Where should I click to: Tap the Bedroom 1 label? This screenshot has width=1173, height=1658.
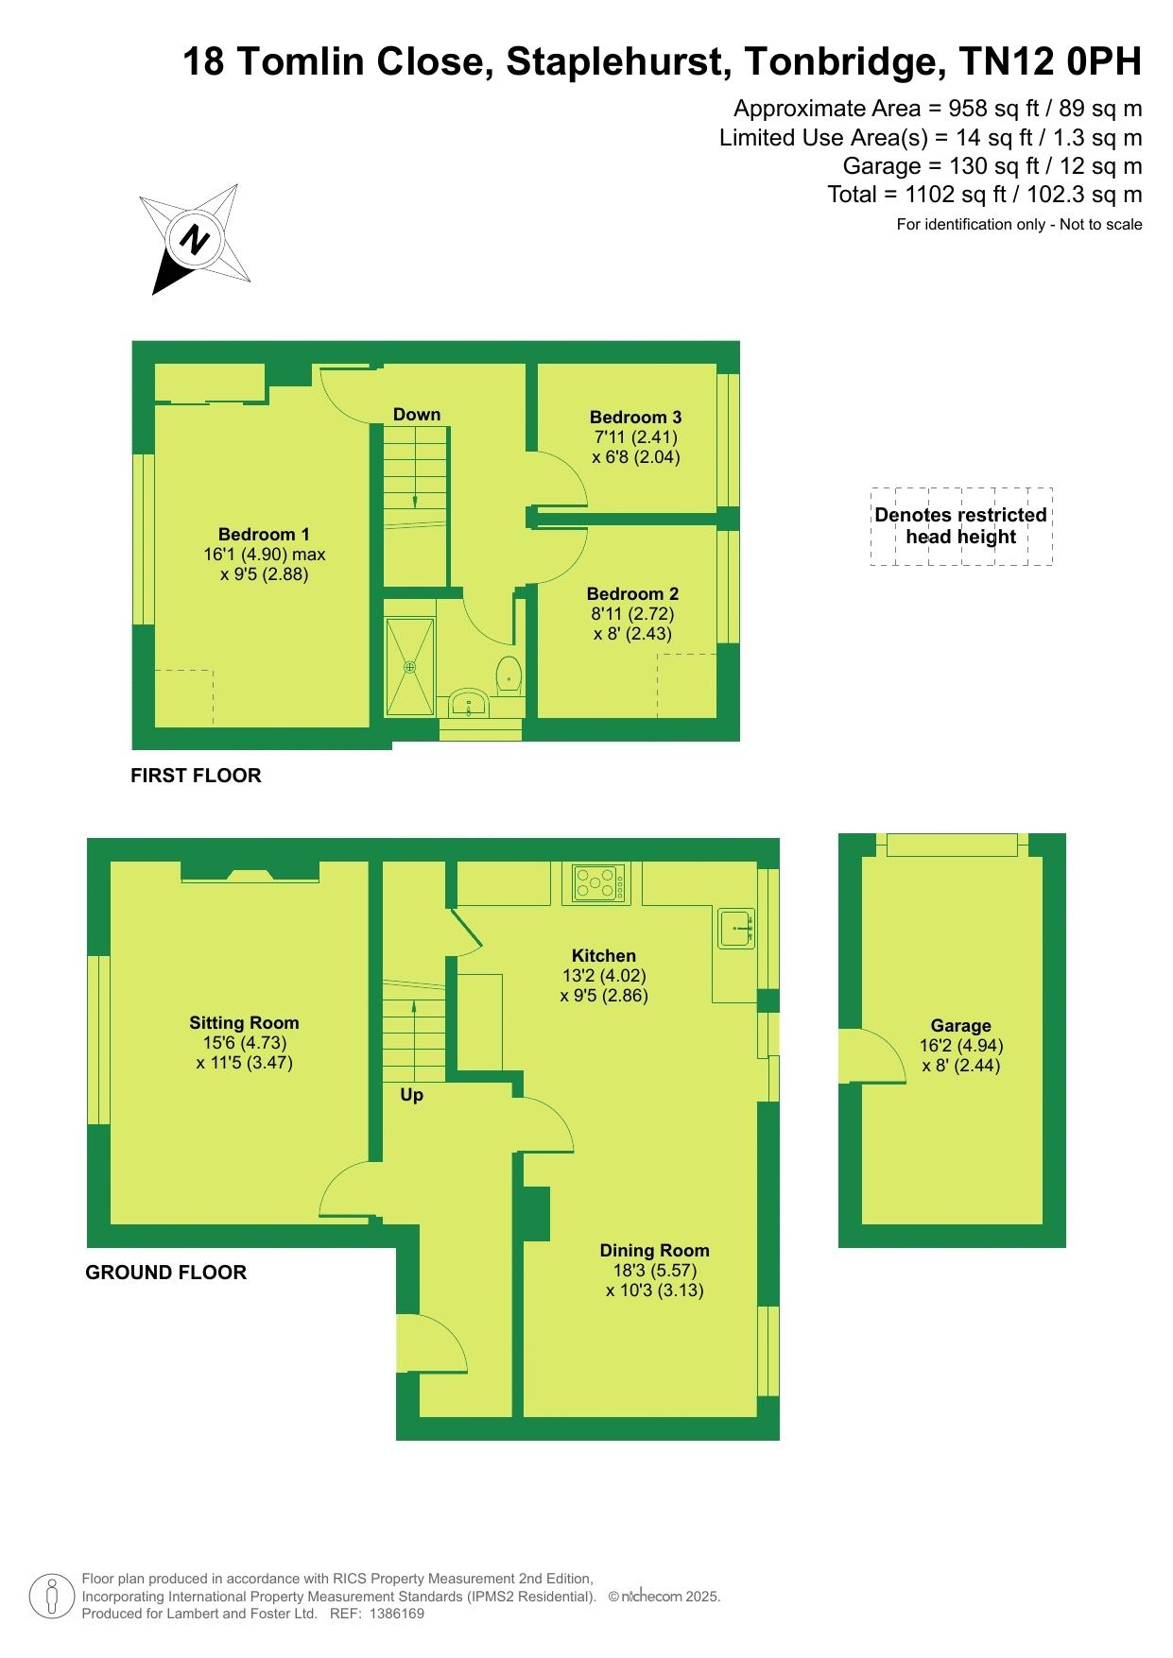pos(264,535)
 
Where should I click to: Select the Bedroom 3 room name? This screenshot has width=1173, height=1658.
pos(635,417)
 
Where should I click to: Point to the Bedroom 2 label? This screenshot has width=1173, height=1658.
pos(632,594)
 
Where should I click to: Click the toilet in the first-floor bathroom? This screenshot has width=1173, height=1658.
pos(509,673)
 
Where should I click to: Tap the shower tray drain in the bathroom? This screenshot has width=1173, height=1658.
pos(409,667)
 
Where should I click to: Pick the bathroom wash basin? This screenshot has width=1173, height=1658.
pos(469,703)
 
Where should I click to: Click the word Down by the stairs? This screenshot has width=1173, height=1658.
pos(417,414)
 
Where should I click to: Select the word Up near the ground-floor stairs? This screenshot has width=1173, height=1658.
pos(411,1095)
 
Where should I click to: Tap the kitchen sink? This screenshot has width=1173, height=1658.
pos(736,929)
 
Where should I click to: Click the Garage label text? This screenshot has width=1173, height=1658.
pos(961,1026)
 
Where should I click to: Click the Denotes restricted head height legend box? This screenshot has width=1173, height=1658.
pos(961,526)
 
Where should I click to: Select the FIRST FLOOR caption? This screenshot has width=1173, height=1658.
pos(196,776)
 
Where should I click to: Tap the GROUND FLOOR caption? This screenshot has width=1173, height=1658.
pos(166,1273)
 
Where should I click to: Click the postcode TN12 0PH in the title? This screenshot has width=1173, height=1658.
pos(1050,62)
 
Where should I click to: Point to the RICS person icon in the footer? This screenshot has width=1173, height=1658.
pos(52,1597)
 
